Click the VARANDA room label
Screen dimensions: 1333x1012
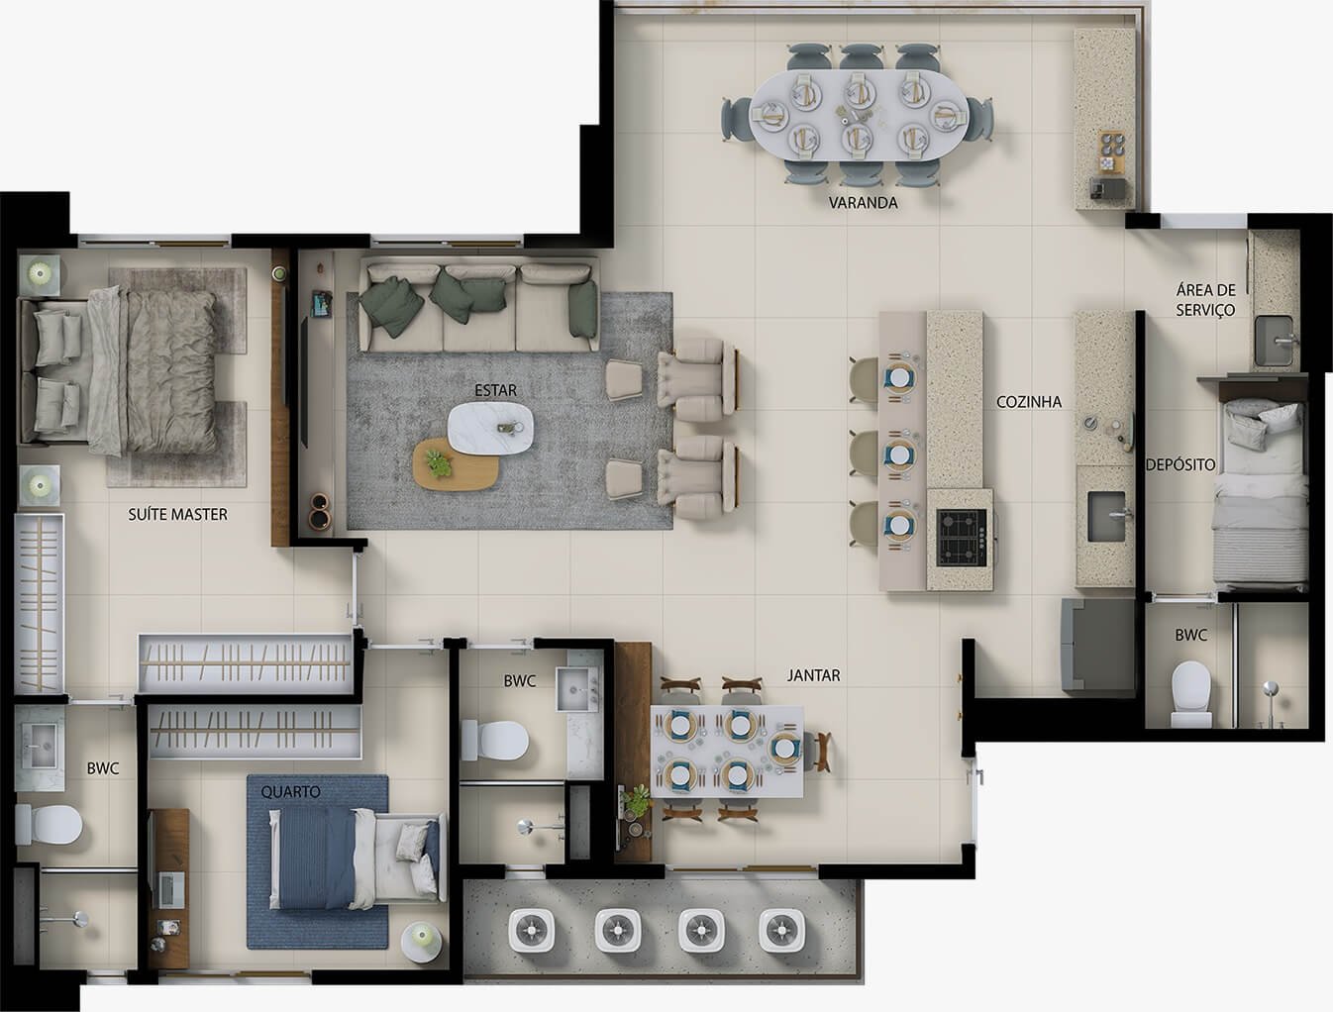(x=863, y=203)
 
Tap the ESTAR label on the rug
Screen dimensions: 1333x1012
(x=495, y=390)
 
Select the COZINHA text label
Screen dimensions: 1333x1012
(x=1029, y=402)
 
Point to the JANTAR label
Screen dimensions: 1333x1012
(x=814, y=675)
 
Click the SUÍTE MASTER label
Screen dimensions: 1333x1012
(x=178, y=514)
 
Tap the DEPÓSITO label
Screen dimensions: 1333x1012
(x=1180, y=464)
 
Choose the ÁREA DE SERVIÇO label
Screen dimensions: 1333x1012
(x=1205, y=300)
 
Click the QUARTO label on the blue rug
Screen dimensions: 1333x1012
(x=290, y=791)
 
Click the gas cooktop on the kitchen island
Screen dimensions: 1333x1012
(x=962, y=538)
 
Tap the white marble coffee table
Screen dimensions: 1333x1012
(x=490, y=428)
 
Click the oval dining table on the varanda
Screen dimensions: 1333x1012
(x=858, y=115)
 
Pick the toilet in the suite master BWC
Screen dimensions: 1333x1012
(x=49, y=825)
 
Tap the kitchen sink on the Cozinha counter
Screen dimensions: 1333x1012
(x=1106, y=517)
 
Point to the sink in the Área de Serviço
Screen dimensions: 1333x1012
(x=1275, y=341)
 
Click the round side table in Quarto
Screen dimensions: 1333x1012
(x=422, y=943)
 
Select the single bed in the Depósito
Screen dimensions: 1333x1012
(x=1259, y=493)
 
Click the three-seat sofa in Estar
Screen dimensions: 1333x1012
(x=478, y=307)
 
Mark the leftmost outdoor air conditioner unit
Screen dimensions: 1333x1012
(x=532, y=930)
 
